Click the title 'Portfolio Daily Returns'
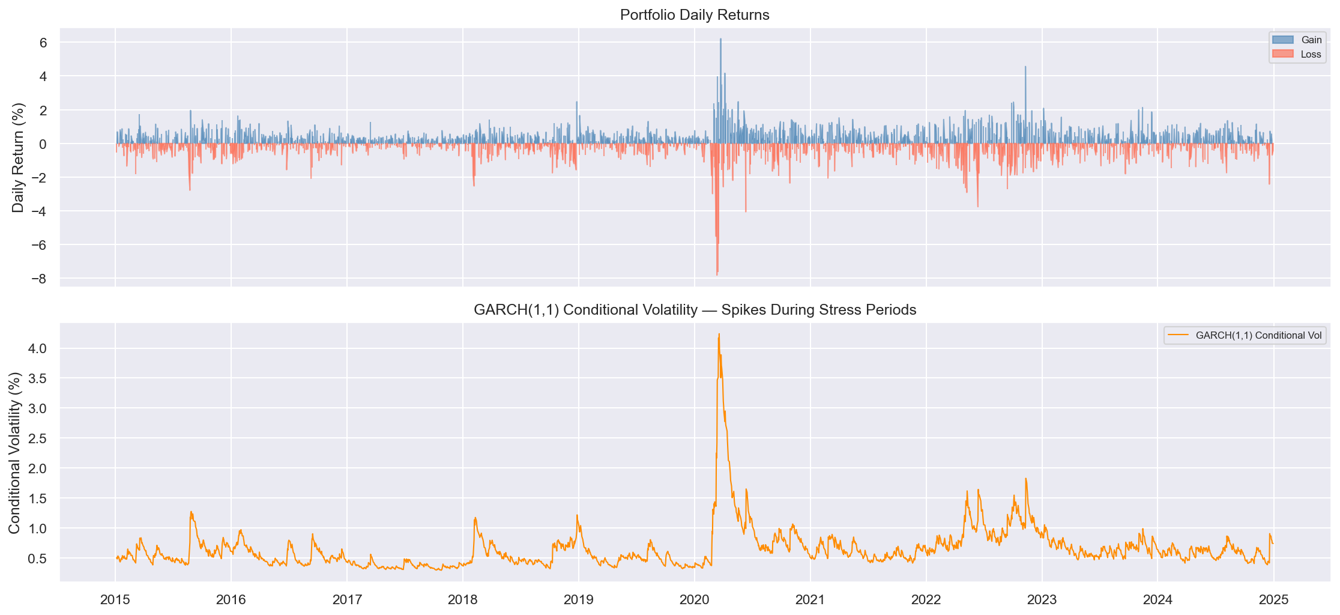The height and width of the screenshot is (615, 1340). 695,15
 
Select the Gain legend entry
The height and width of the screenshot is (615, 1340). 1311,40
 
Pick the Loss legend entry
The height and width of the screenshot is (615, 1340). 1311,54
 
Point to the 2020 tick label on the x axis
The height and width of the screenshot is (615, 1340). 695,599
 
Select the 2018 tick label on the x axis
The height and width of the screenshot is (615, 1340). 463,599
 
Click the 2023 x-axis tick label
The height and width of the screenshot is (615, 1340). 1042,599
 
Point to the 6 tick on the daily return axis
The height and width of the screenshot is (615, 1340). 43,43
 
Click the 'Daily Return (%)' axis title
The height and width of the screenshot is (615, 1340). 18,157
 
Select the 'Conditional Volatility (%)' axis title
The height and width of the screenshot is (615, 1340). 14,452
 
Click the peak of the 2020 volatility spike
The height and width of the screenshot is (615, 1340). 719,334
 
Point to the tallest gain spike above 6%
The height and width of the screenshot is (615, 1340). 720,40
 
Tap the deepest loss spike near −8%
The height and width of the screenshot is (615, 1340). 717,274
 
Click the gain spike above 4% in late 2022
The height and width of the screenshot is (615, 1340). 1025,67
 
